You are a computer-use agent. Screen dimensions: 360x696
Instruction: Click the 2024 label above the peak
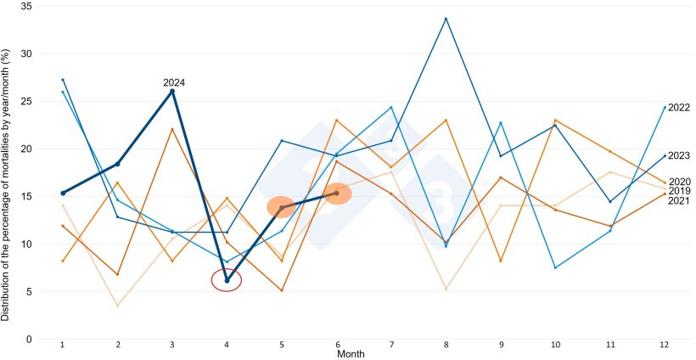pos(174,82)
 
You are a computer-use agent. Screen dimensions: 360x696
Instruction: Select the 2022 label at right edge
pos(678,108)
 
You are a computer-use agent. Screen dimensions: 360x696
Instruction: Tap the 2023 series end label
pos(678,155)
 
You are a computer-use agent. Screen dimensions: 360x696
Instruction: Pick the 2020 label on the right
pos(678,182)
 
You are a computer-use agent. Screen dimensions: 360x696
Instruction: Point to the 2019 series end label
pos(678,191)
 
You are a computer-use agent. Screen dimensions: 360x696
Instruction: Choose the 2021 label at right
pos(678,200)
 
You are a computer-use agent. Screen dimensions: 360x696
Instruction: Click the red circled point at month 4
pos(227,280)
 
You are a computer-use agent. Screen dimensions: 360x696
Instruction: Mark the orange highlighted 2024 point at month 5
pos(282,207)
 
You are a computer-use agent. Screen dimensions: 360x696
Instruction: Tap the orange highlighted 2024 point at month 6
pos(337,194)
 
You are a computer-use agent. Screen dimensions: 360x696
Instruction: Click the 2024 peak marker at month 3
pos(172,91)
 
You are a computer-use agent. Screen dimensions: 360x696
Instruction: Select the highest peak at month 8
pos(446,19)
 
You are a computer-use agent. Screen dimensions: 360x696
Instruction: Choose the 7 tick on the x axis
pos(391,345)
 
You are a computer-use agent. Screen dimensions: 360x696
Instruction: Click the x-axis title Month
pos(351,353)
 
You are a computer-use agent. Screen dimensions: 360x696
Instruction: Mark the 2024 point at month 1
pos(63,193)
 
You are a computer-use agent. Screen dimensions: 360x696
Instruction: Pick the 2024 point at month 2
pos(118,164)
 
